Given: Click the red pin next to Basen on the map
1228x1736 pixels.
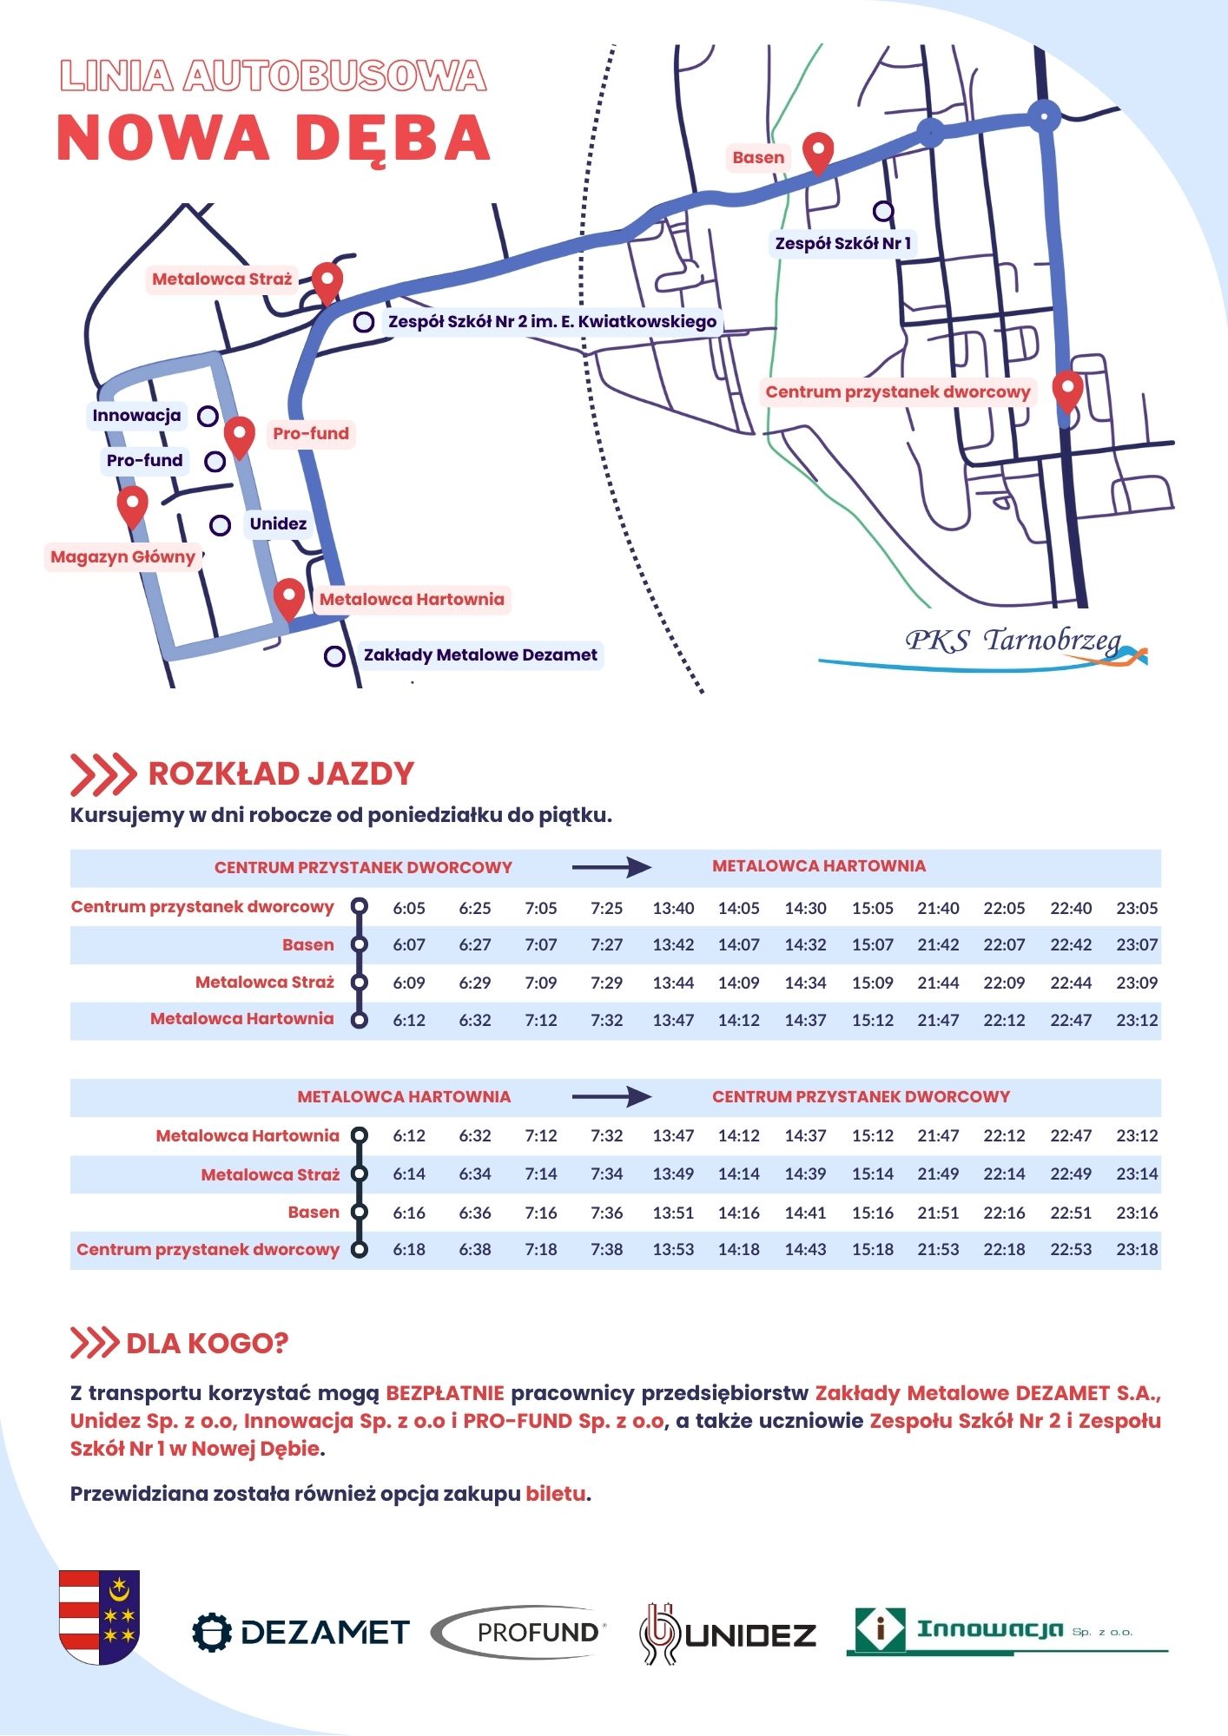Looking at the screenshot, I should pos(818,153).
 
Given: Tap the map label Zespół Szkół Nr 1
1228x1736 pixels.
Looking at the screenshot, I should pos(842,244).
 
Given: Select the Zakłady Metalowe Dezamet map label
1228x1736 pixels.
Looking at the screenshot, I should pos(480,655).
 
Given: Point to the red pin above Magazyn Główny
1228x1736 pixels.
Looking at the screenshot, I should pos(132,505).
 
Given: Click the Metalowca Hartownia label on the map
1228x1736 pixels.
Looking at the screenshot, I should pos(412,600).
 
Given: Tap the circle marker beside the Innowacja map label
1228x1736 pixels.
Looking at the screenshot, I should pos(208,416).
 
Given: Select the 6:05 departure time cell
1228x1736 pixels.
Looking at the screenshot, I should pos(409,909).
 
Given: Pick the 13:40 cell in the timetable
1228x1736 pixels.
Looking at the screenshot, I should pos(673,909).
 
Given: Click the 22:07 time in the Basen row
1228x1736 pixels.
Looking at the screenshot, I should pos(1004,945).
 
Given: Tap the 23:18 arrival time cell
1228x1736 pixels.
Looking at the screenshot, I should pos(1137,1250).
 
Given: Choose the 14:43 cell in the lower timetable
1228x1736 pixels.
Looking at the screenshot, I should pos(805,1250).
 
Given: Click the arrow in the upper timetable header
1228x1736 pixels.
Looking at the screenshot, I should pos(611,867).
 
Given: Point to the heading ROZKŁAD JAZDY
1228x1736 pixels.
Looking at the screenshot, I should pos(281,774).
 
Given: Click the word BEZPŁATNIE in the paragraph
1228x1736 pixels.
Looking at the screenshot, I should pos(445,1394).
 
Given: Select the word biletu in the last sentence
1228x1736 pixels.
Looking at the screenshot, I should pos(556,1495).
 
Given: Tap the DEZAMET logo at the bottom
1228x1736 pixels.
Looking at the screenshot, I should pos(300,1633).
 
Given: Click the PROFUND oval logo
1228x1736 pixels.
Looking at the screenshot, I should pos(519,1633).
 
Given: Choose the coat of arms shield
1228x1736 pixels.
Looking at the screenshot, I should pos(99,1616).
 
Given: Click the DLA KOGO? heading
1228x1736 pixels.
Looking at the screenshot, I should pos(207,1344).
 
